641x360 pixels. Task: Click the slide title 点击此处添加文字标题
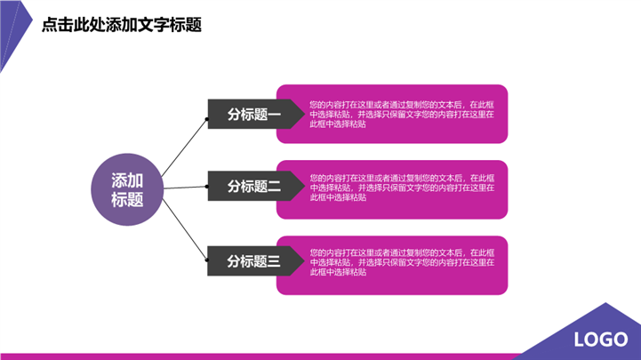(122, 25)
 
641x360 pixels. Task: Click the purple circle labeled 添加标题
(126, 189)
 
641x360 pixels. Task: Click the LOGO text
(601, 340)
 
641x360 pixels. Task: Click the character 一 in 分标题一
(274, 114)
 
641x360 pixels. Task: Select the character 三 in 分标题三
(274, 261)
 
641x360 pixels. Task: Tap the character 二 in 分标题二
(274, 187)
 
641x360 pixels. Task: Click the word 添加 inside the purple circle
(126, 179)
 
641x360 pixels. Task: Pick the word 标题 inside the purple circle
(126, 200)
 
